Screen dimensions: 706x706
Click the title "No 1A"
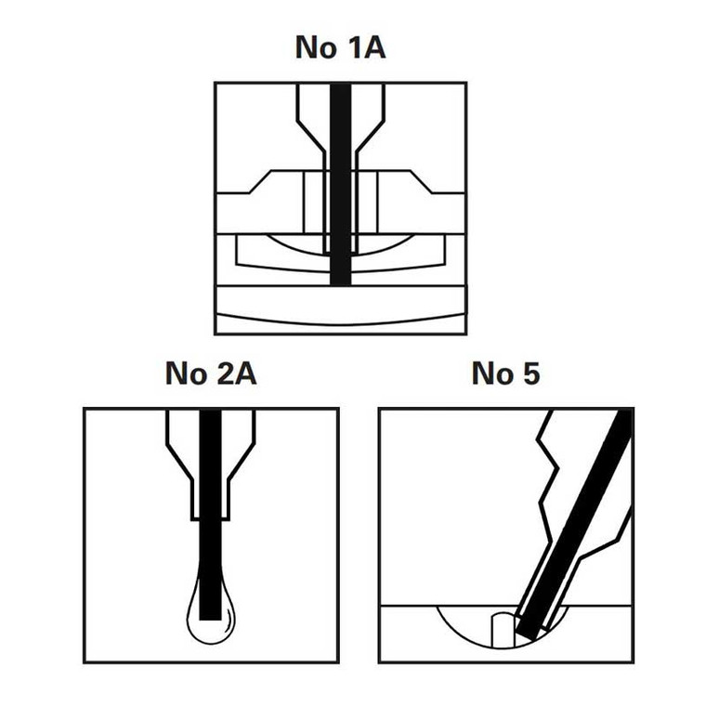340,46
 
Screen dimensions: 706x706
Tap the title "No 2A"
211,373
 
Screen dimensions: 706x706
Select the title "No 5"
505,373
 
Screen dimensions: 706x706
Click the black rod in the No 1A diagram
340,184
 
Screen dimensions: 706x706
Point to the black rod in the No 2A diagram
210,515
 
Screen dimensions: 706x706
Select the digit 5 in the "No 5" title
531,373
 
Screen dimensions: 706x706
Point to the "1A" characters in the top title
367,46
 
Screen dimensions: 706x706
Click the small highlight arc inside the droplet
231,618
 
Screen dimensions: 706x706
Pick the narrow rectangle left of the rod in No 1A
314,203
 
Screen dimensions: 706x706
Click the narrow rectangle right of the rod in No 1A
367,203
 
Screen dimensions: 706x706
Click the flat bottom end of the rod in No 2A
210,620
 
